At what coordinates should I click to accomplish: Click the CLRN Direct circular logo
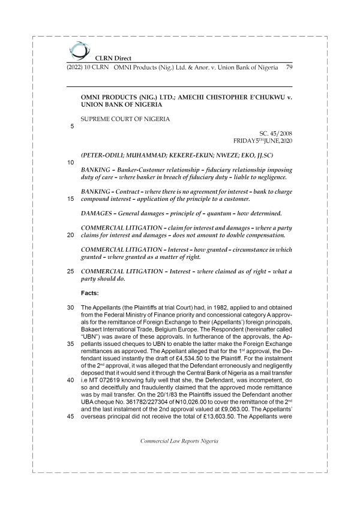pos(78,49)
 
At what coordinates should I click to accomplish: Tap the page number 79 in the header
pos(289,68)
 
